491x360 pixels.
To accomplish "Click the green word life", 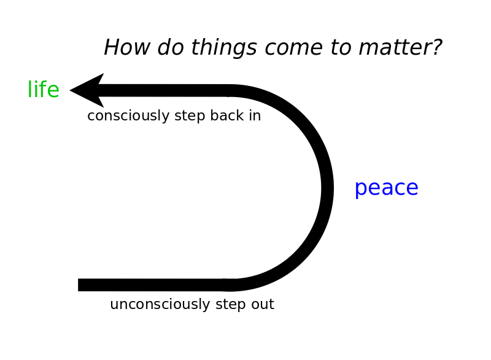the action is click(44, 89).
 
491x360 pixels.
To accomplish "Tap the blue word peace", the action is click(387, 189).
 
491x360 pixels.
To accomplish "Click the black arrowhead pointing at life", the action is click(87, 90).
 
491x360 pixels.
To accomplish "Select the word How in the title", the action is click(127, 47).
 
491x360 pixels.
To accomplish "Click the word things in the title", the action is click(224, 48).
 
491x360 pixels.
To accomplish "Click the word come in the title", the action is click(294, 49).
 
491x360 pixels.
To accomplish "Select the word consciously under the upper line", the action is click(128, 115).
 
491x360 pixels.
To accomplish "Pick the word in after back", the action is click(255, 115).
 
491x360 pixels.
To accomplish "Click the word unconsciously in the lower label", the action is click(160, 304).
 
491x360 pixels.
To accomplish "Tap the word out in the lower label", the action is click(263, 305).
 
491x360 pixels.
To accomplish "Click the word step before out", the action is click(231, 305).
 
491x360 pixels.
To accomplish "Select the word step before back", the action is click(190, 116).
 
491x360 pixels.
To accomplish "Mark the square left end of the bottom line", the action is click(79, 285).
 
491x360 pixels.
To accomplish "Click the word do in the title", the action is click(171, 47).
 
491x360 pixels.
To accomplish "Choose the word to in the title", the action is click(341, 48).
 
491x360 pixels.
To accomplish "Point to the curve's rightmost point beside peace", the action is click(333, 188).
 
